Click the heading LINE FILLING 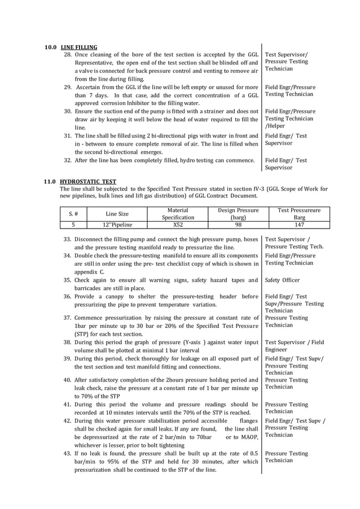pos(79,47)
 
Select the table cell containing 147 pos(299,224)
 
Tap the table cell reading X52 pos(178,224)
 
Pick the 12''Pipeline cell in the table pos(117,224)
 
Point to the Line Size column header pos(117,213)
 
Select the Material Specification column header pos(178,213)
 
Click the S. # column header pos(72,213)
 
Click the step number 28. pos(67,54)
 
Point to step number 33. pos(67,239)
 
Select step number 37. pos(67,318)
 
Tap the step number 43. pos(67,454)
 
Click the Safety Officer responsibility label pos(282,280)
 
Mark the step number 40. pos(67,380)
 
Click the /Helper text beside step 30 pos(275,126)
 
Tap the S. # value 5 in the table pos(72,224)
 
